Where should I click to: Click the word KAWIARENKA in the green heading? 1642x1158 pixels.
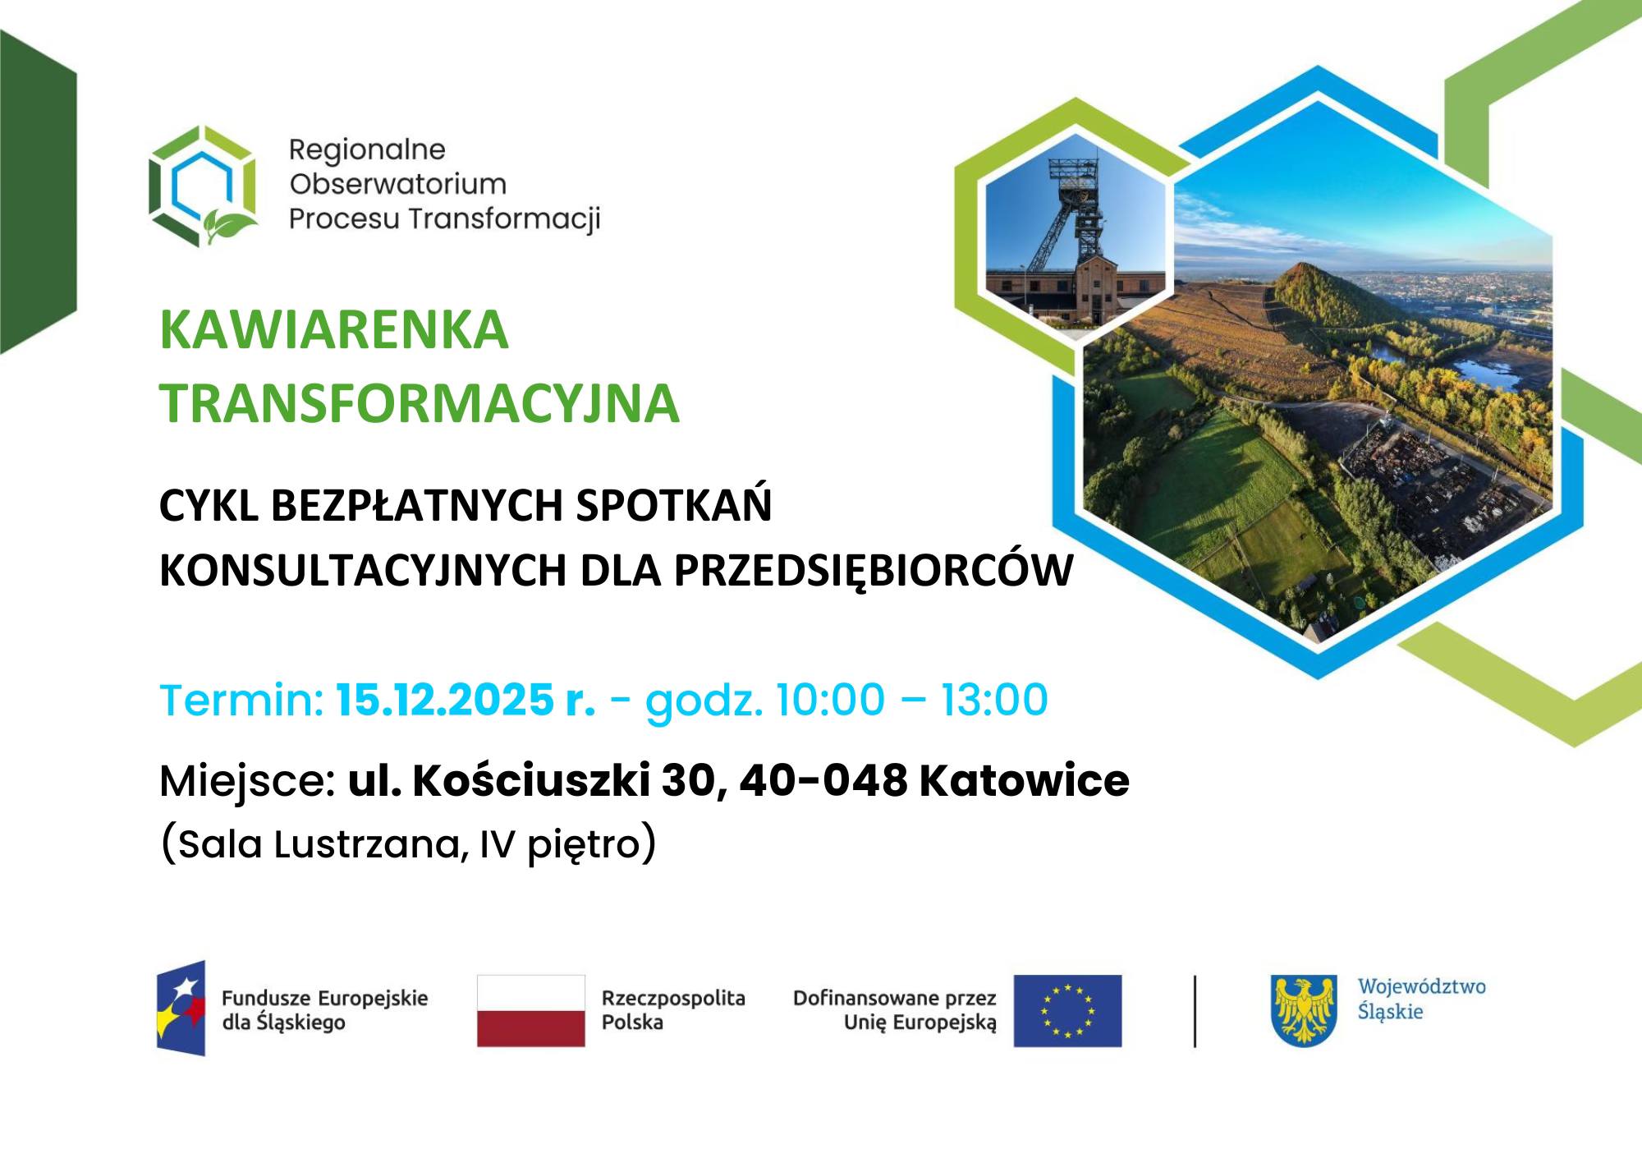click(x=333, y=330)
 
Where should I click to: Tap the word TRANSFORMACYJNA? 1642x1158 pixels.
click(x=420, y=403)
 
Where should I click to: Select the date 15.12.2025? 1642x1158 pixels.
click(x=445, y=701)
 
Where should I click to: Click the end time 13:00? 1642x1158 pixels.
click(x=994, y=701)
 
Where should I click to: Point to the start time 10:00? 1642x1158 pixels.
click(x=829, y=701)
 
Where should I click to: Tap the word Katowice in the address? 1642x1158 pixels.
click(x=1024, y=780)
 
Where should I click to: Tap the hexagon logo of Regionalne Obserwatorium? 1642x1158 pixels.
click(x=203, y=186)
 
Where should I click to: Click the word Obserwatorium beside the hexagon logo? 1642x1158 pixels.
click(x=397, y=184)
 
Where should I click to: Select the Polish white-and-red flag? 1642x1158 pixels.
click(x=531, y=1010)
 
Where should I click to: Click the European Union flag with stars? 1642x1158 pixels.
click(x=1066, y=1011)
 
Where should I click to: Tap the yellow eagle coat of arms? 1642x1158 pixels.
click(x=1303, y=1010)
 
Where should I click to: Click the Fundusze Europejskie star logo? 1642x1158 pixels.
click(x=181, y=1009)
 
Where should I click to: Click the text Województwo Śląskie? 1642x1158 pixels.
click(x=1420, y=999)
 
